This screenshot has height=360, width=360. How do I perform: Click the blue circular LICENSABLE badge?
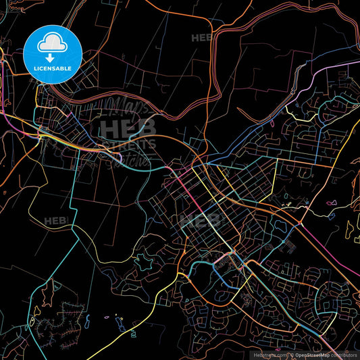pyautogui.click(x=53, y=53)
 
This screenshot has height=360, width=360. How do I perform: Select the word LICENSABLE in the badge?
pyautogui.click(x=53, y=69)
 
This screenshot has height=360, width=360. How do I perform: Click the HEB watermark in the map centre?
pyautogui.click(x=200, y=220)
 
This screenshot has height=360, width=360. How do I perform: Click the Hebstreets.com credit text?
pyautogui.click(x=269, y=355)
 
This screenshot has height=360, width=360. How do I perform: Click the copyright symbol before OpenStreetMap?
pyautogui.click(x=291, y=355)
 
